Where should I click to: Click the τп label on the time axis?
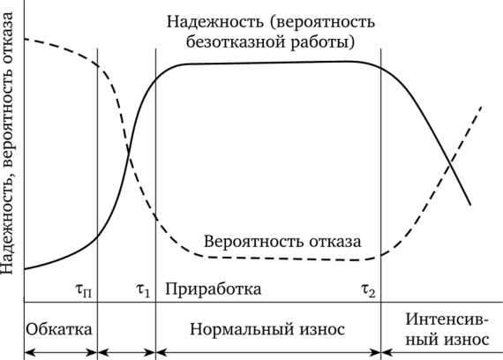point(84,291)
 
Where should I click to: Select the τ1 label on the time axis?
point(143,290)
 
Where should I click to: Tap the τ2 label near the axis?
point(368,290)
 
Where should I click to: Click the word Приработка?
point(214,289)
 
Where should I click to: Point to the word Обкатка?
point(59,329)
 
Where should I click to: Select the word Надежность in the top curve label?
point(215,22)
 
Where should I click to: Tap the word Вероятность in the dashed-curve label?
point(254,242)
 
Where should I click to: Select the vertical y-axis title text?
point(7,144)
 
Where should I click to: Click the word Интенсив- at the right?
point(447,319)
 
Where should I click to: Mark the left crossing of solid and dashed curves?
point(129,154)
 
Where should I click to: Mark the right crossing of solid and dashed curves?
point(450,165)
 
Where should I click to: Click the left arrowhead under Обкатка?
point(28,353)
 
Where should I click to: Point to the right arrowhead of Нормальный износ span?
point(376,353)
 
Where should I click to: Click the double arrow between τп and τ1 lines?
point(126,353)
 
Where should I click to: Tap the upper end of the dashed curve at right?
point(482,106)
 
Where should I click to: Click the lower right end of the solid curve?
point(470,205)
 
